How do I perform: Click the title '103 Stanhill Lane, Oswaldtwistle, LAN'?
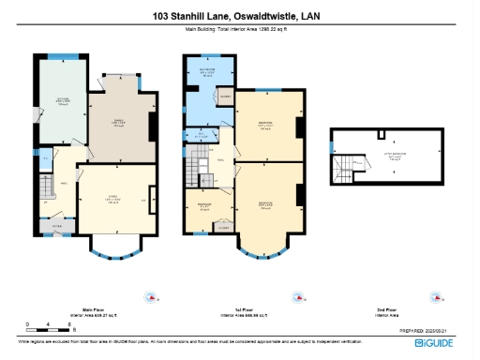239,15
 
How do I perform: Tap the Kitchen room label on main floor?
62,102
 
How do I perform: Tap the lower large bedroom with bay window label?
265,204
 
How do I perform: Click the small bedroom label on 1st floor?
203,206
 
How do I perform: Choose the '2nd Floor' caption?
386,308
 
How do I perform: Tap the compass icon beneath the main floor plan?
149,297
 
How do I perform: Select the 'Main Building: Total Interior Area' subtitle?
239,30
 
